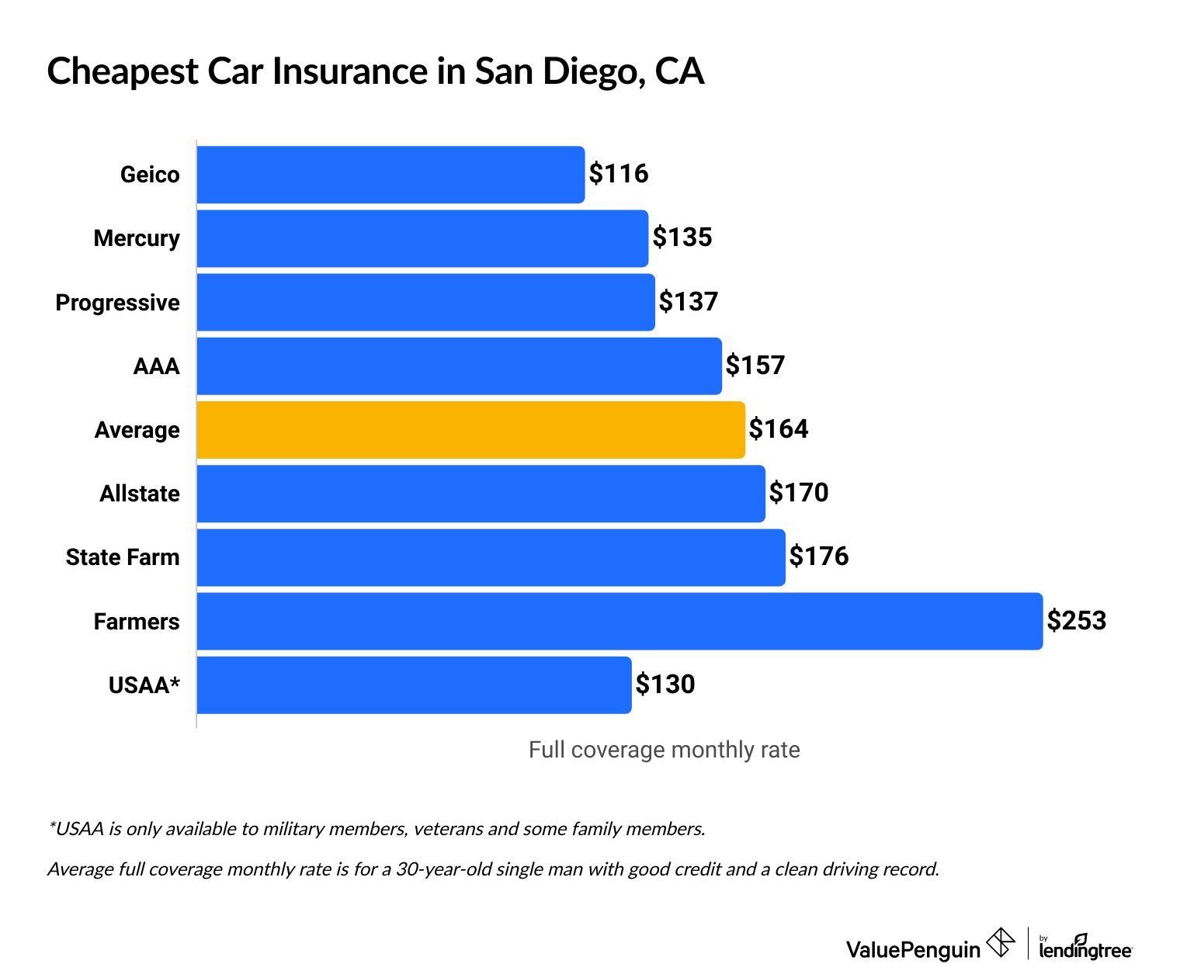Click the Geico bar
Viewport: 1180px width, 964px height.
tap(390, 175)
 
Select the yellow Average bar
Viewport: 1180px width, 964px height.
tap(470, 430)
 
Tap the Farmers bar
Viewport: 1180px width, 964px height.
tap(619, 621)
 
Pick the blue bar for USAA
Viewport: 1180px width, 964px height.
tap(414, 685)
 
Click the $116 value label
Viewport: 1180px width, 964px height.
tap(618, 173)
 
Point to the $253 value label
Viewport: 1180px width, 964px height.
tap(1076, 620)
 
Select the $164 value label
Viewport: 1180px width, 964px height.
tap(778, 429)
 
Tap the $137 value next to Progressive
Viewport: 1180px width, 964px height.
tap(688, 301)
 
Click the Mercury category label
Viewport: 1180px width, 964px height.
tap(137, 238)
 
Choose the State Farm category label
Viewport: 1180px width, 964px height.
tap(123, 557)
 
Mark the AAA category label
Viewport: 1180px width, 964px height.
tap(156, 366)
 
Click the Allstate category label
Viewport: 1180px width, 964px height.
tap(140, 494)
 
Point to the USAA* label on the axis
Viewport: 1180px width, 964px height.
tap(144, 685)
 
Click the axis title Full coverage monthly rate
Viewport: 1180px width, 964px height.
tap(664, 750)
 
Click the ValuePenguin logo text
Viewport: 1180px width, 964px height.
tap(913, 948)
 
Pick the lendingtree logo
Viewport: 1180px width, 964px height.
tap(1085, 947)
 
